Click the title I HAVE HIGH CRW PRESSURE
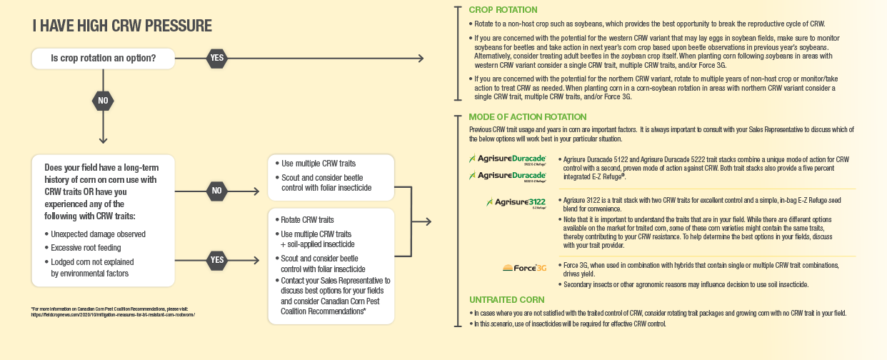[122, 26]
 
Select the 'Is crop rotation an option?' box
[104, 58]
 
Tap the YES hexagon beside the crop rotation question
[216, 58]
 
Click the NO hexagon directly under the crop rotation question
[103, 101]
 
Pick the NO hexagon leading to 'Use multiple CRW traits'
[216, 191]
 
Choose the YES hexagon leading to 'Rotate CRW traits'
[216, 260]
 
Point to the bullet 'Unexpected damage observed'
[99, 234]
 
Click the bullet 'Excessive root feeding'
[91, 248]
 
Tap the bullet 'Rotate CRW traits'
[307, 220]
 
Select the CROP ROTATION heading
[503, 10]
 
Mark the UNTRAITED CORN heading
[506, 300]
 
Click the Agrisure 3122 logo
[516, 203]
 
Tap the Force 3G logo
[525, 269]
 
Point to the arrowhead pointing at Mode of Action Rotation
[427, 221]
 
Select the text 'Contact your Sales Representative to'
[335, 281]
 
